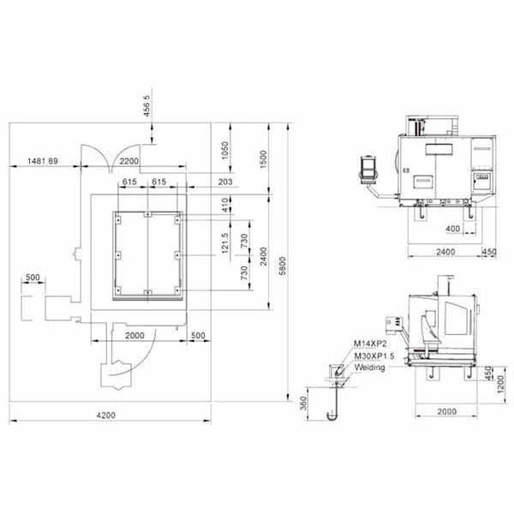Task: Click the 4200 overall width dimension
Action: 106,415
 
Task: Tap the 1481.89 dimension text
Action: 43,161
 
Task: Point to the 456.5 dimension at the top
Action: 146,106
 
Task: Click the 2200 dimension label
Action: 128,161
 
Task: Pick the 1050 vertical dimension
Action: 224,150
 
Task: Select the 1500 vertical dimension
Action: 263,159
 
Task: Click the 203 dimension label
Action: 225,182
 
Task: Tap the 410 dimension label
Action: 224,205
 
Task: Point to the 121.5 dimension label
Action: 224,243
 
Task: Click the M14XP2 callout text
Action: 370,344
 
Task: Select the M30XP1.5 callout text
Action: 374,356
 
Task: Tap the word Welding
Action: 370,368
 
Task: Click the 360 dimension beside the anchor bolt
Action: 303,403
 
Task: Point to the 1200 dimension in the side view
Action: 500,385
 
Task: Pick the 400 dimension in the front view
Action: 452,229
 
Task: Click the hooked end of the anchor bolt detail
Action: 332,416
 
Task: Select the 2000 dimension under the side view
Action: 447,411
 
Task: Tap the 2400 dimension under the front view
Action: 445,252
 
